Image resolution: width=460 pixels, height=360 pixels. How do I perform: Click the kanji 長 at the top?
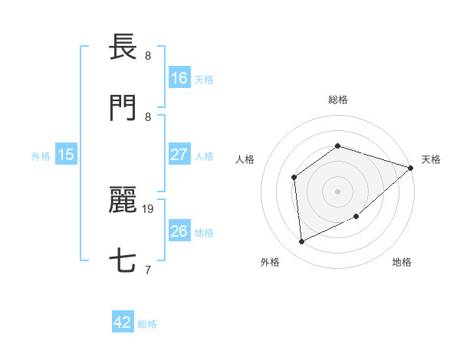[123, 47]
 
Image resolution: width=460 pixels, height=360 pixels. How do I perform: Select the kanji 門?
[123, 108]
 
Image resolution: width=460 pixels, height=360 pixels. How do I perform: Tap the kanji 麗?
[123, 200]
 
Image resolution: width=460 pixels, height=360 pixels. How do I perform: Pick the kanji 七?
[123, 261]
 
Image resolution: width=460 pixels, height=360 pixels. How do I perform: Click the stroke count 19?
[149, 208]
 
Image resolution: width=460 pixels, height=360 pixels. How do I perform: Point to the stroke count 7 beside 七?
[148, 270]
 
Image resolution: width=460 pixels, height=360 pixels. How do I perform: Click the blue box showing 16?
[179, 77]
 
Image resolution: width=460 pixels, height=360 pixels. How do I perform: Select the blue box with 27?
[179, 155]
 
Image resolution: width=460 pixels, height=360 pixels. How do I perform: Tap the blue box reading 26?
[179, 231]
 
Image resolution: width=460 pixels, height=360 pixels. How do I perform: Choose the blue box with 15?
[66, 155]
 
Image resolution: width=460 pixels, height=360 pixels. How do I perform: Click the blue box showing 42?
[123, 322]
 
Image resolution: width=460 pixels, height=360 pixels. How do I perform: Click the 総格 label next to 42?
[147, 324]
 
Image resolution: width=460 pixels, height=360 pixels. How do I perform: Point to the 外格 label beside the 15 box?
[41, 156]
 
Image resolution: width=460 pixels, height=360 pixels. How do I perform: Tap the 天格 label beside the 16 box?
[204, 79]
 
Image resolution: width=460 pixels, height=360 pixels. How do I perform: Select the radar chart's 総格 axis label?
[337, 100]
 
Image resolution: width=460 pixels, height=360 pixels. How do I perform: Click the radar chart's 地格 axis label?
[402, 262]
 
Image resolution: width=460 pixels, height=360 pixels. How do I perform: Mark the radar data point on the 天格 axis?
[411, 168]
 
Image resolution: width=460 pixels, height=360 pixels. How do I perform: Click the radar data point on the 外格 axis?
[302, 242]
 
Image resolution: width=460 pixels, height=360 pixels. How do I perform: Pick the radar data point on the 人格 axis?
[294, 178]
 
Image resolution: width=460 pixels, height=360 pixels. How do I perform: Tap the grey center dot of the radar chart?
[337, 191]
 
